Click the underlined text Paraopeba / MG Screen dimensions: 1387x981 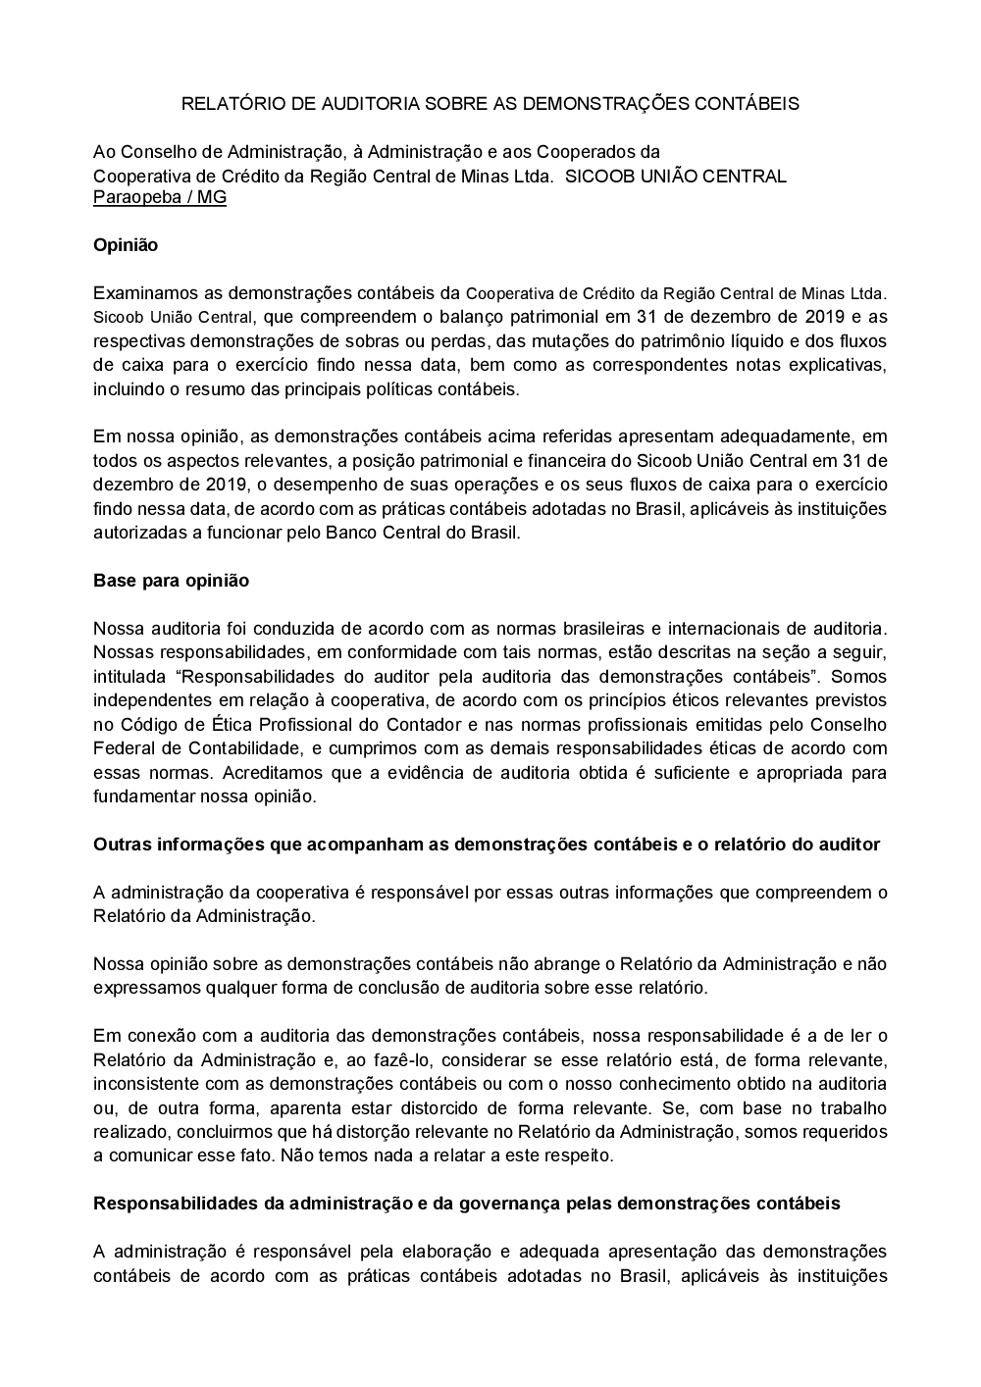click(160, 197)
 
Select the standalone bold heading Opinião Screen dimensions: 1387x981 click(126, 245)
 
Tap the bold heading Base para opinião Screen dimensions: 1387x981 click(171, 581)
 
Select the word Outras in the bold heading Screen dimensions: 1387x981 click(120, 845)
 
